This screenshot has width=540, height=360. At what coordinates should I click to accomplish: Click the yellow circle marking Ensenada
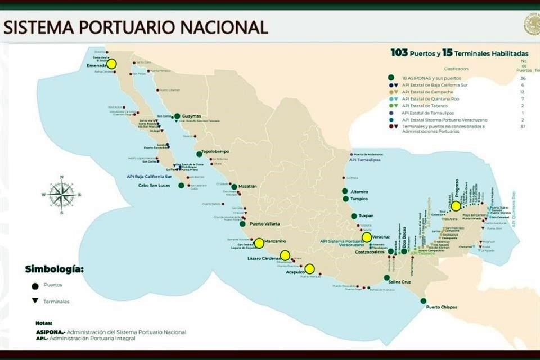tap(111, 64)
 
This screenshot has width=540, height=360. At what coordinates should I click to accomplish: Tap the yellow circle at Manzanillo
tap(259, 243)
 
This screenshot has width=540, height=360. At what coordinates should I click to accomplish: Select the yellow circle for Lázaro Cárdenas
tap(285, 255)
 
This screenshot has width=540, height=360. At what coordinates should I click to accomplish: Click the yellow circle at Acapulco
tap(309, 268)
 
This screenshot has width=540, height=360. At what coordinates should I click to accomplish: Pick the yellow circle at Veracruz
tap(367, 237)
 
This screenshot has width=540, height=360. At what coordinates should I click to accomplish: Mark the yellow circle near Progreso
tap(456, 205)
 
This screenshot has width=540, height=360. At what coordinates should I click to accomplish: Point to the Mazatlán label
tap(247, 186)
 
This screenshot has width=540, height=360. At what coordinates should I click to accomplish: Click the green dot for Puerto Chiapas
tap(423, 300)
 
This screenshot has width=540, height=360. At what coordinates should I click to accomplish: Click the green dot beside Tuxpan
tap(354, 216)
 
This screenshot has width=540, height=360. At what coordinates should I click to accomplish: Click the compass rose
tap(61, 195)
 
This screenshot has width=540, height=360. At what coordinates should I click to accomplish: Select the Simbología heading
tap(54, 269)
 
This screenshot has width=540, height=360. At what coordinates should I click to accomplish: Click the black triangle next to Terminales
tap(35, 301)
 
